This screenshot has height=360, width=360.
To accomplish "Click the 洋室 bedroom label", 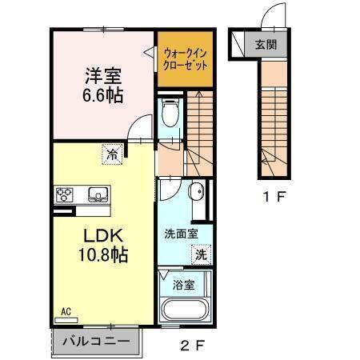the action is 103,75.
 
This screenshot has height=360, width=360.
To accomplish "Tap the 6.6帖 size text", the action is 103,95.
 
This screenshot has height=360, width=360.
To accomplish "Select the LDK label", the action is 103,236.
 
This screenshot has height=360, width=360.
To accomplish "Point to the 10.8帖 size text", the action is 103,254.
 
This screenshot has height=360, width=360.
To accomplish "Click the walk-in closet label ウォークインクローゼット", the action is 185,59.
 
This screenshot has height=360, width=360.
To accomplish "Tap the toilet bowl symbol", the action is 170,113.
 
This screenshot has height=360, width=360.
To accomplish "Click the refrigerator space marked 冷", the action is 112,154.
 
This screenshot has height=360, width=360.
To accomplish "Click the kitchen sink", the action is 98,194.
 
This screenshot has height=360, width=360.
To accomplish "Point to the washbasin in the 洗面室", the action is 196,191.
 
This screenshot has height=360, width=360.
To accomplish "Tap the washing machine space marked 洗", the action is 202,255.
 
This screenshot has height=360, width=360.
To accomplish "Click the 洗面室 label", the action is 181,234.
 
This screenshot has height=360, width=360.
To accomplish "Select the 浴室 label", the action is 183,286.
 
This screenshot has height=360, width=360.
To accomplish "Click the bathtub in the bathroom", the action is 184,310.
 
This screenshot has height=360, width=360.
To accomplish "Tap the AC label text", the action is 66,311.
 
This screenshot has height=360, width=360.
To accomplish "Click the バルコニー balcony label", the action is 96,342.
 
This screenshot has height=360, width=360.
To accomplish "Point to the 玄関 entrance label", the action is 266,45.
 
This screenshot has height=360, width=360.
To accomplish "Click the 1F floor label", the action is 274,197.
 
